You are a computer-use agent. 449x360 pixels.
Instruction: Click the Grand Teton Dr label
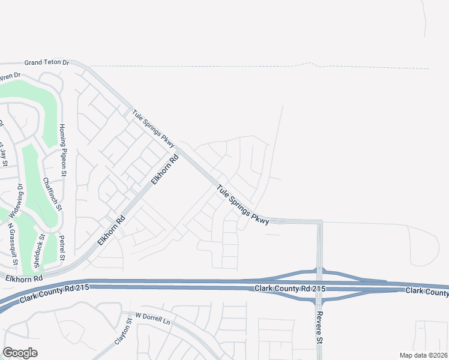[47, 62]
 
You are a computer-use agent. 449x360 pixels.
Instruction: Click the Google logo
[20, 353]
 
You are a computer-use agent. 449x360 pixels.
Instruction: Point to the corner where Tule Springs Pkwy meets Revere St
[320, 222]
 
